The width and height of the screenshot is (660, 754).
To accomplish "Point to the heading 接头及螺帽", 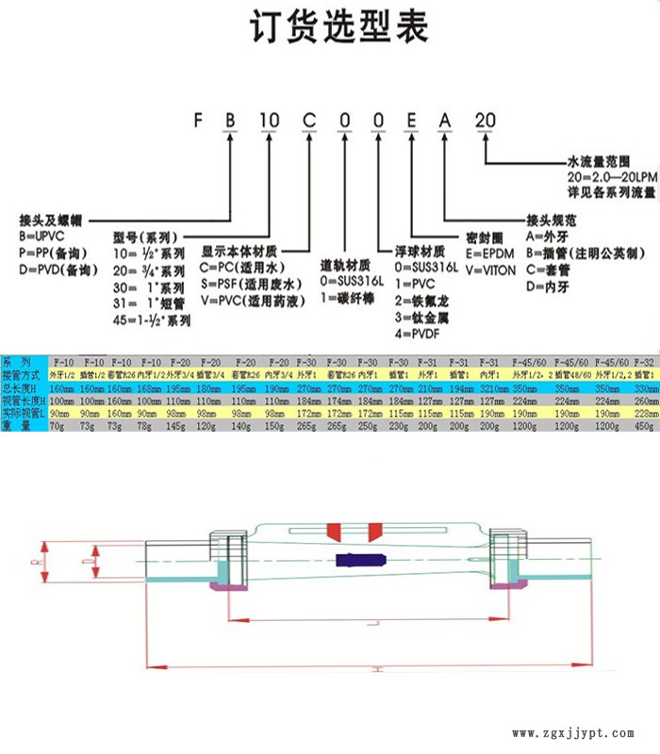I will pos(52,218).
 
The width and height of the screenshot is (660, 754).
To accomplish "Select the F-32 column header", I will pos(644,362).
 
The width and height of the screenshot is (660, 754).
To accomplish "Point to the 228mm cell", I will pos(644,413).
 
